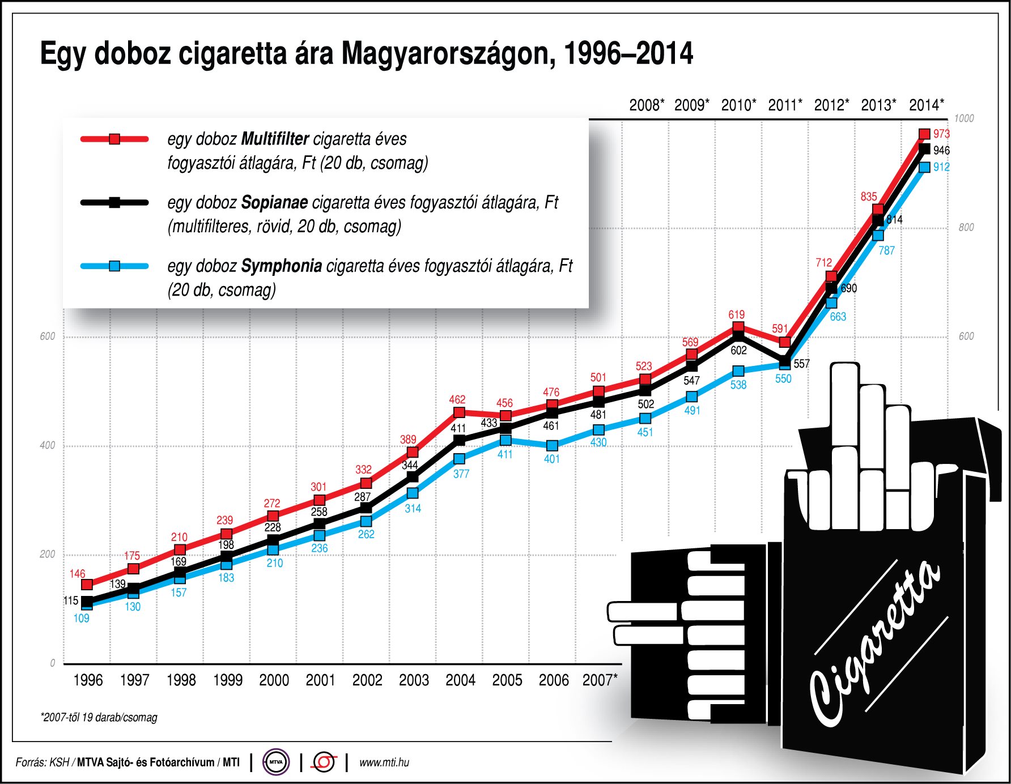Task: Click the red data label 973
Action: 941,134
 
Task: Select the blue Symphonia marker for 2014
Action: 924,167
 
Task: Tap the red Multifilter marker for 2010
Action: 738,327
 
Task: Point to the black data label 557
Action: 801,364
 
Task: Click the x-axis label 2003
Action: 414,680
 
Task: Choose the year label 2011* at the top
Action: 785,105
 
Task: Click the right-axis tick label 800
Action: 966,228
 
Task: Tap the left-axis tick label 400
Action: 48,445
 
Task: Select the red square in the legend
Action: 114,139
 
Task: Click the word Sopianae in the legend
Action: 274,202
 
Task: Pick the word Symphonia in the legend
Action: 282,266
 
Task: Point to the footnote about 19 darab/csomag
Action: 99,717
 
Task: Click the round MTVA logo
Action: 276,762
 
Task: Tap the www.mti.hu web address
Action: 384,762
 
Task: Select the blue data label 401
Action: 551,459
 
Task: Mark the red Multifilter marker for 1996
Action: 87,585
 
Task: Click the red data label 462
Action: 457,399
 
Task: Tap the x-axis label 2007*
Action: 600,680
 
